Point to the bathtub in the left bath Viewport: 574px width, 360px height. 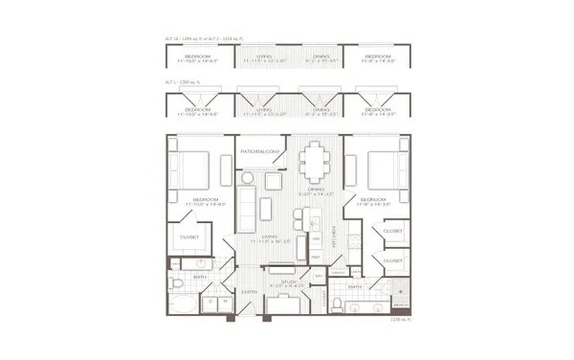(x=183, y=305)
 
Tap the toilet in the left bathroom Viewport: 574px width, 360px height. (x=178, y=284)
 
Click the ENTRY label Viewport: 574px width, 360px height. (x=250, y=292)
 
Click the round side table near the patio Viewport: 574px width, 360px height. (x=249, y=178)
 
